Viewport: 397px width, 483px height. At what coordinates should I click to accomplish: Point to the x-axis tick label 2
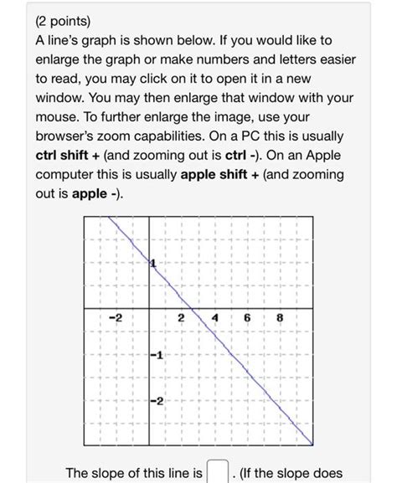[181, 319]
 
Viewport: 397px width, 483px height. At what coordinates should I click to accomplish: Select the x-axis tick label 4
[214, 319]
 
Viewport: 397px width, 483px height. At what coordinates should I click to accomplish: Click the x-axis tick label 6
[247, 319]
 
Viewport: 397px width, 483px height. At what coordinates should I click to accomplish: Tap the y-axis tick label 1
[154, 265]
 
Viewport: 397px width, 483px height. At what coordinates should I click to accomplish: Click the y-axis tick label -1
[159, 357]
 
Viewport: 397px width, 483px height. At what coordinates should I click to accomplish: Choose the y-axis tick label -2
[159, 403]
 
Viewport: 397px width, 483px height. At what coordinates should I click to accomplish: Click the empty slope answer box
[217, 474]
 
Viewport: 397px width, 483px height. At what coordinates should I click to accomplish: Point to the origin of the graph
[149, 310]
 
